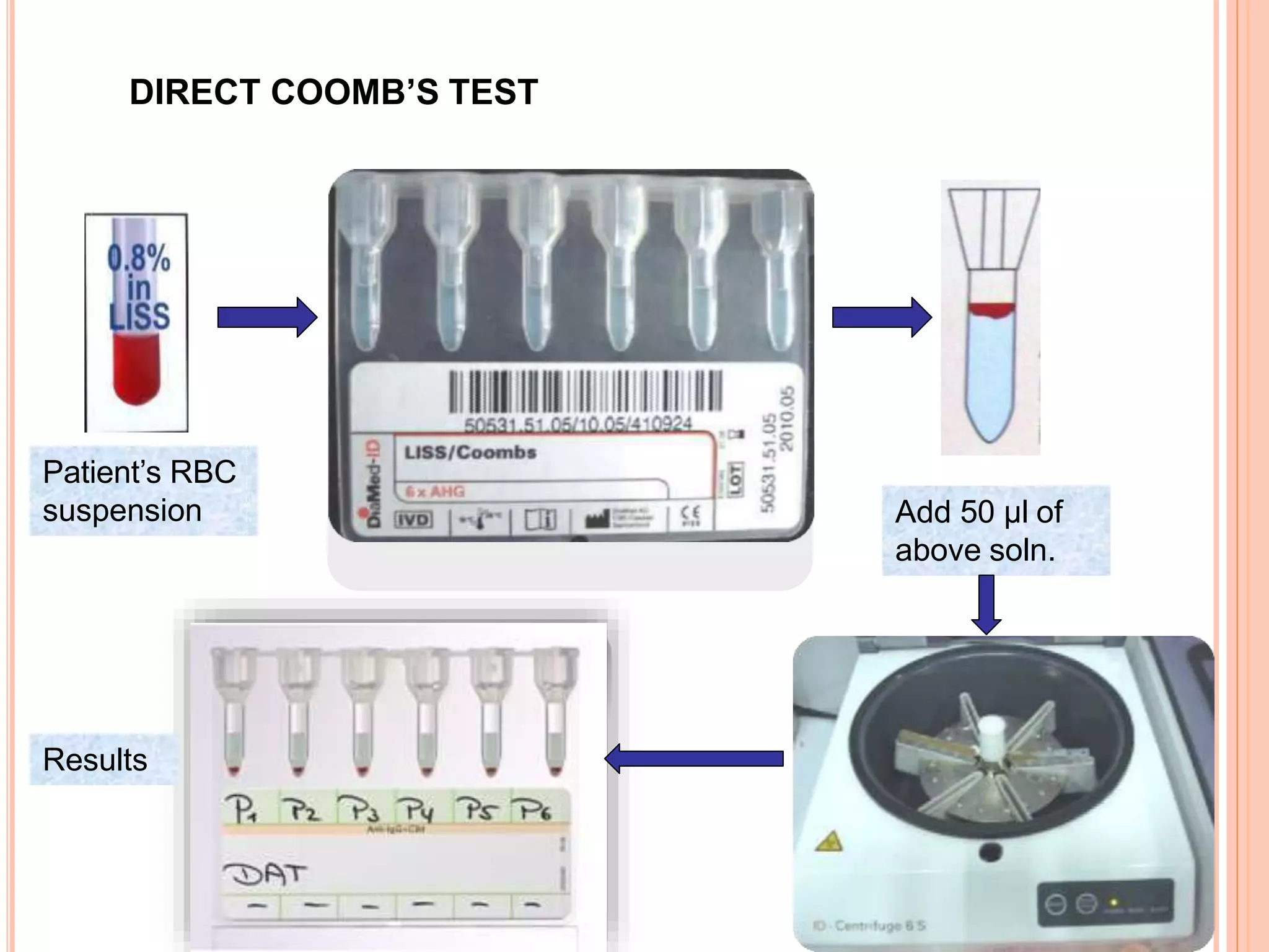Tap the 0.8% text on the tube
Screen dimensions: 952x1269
coord(139,258)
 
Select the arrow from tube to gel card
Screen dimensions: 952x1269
coord(267,317)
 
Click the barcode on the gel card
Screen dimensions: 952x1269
coord(585,392)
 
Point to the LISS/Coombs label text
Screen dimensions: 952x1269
coord(470,452)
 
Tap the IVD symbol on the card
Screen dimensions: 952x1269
coord(413,519)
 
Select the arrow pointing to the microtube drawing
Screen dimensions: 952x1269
coord(881,317)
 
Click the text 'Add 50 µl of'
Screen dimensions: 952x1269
coord(978,512)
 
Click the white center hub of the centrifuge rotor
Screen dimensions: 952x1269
coord(992,734)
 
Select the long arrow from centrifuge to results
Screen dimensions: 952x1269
coord(694,759)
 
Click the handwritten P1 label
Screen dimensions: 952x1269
coord(241,808)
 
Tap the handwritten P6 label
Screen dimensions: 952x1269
coord(535,809)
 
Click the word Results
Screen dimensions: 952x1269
coord(95,760)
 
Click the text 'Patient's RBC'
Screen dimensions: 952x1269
coord(139,472)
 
